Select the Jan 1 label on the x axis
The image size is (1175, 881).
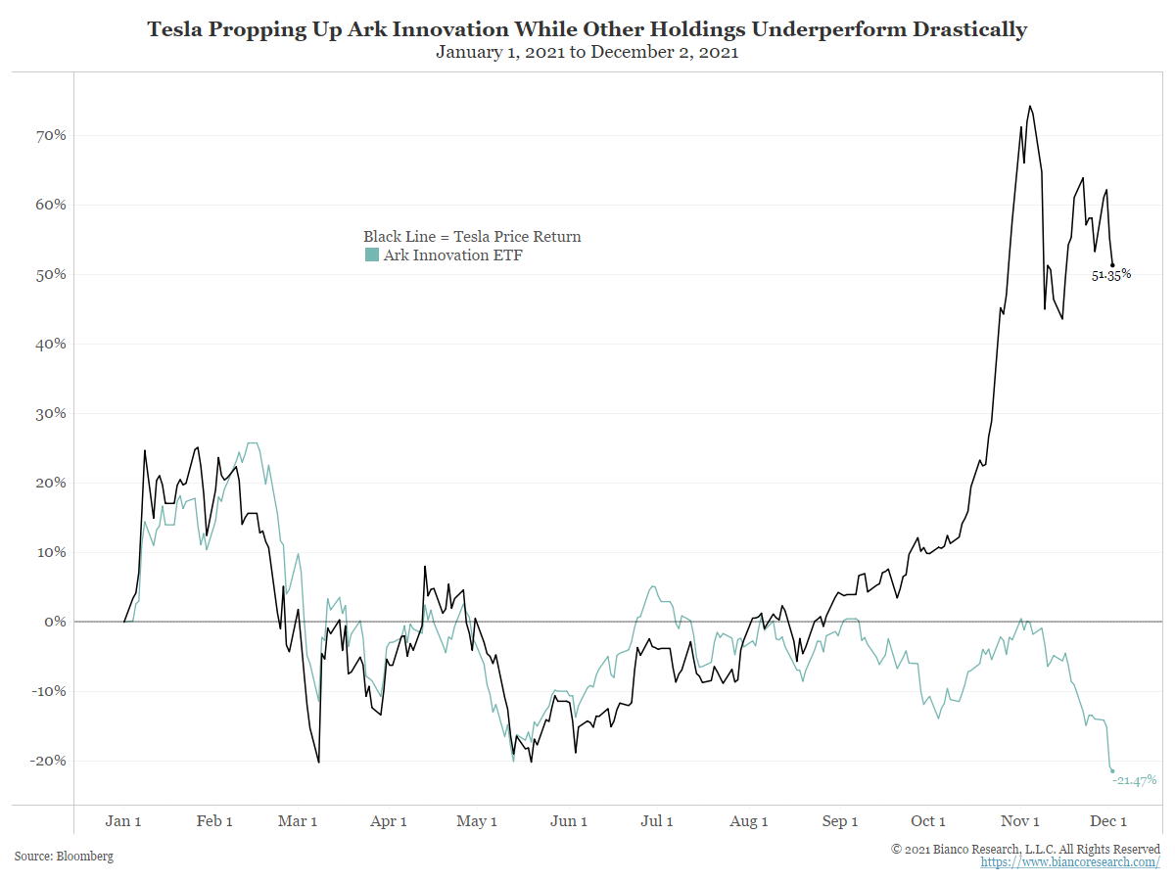pos(123,821)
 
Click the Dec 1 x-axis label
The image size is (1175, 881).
pos(1109,821)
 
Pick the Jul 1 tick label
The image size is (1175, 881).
pos(656,821)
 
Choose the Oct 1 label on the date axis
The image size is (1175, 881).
pos(928,821)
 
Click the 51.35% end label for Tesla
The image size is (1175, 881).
pos(1111,275)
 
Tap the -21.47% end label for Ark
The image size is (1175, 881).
pos(1134,780)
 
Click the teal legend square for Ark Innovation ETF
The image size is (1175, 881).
pos(371,255)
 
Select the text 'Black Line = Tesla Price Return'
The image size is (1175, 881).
pos(472,236)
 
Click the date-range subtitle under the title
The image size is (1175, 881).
pos(587,53)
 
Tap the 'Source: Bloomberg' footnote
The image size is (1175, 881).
pos(64,857)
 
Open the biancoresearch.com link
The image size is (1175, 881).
pos(1070,862)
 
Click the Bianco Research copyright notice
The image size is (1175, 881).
pos(1025,849)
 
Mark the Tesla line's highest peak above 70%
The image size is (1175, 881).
pos(1030,107)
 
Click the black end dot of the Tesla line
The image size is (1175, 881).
pos(1112,265)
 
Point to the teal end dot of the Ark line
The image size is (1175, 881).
pos(1112,770)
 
